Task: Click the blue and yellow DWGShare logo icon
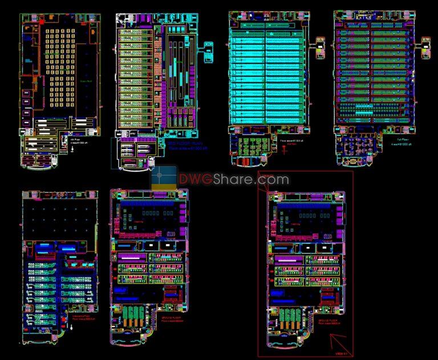point(165,177)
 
